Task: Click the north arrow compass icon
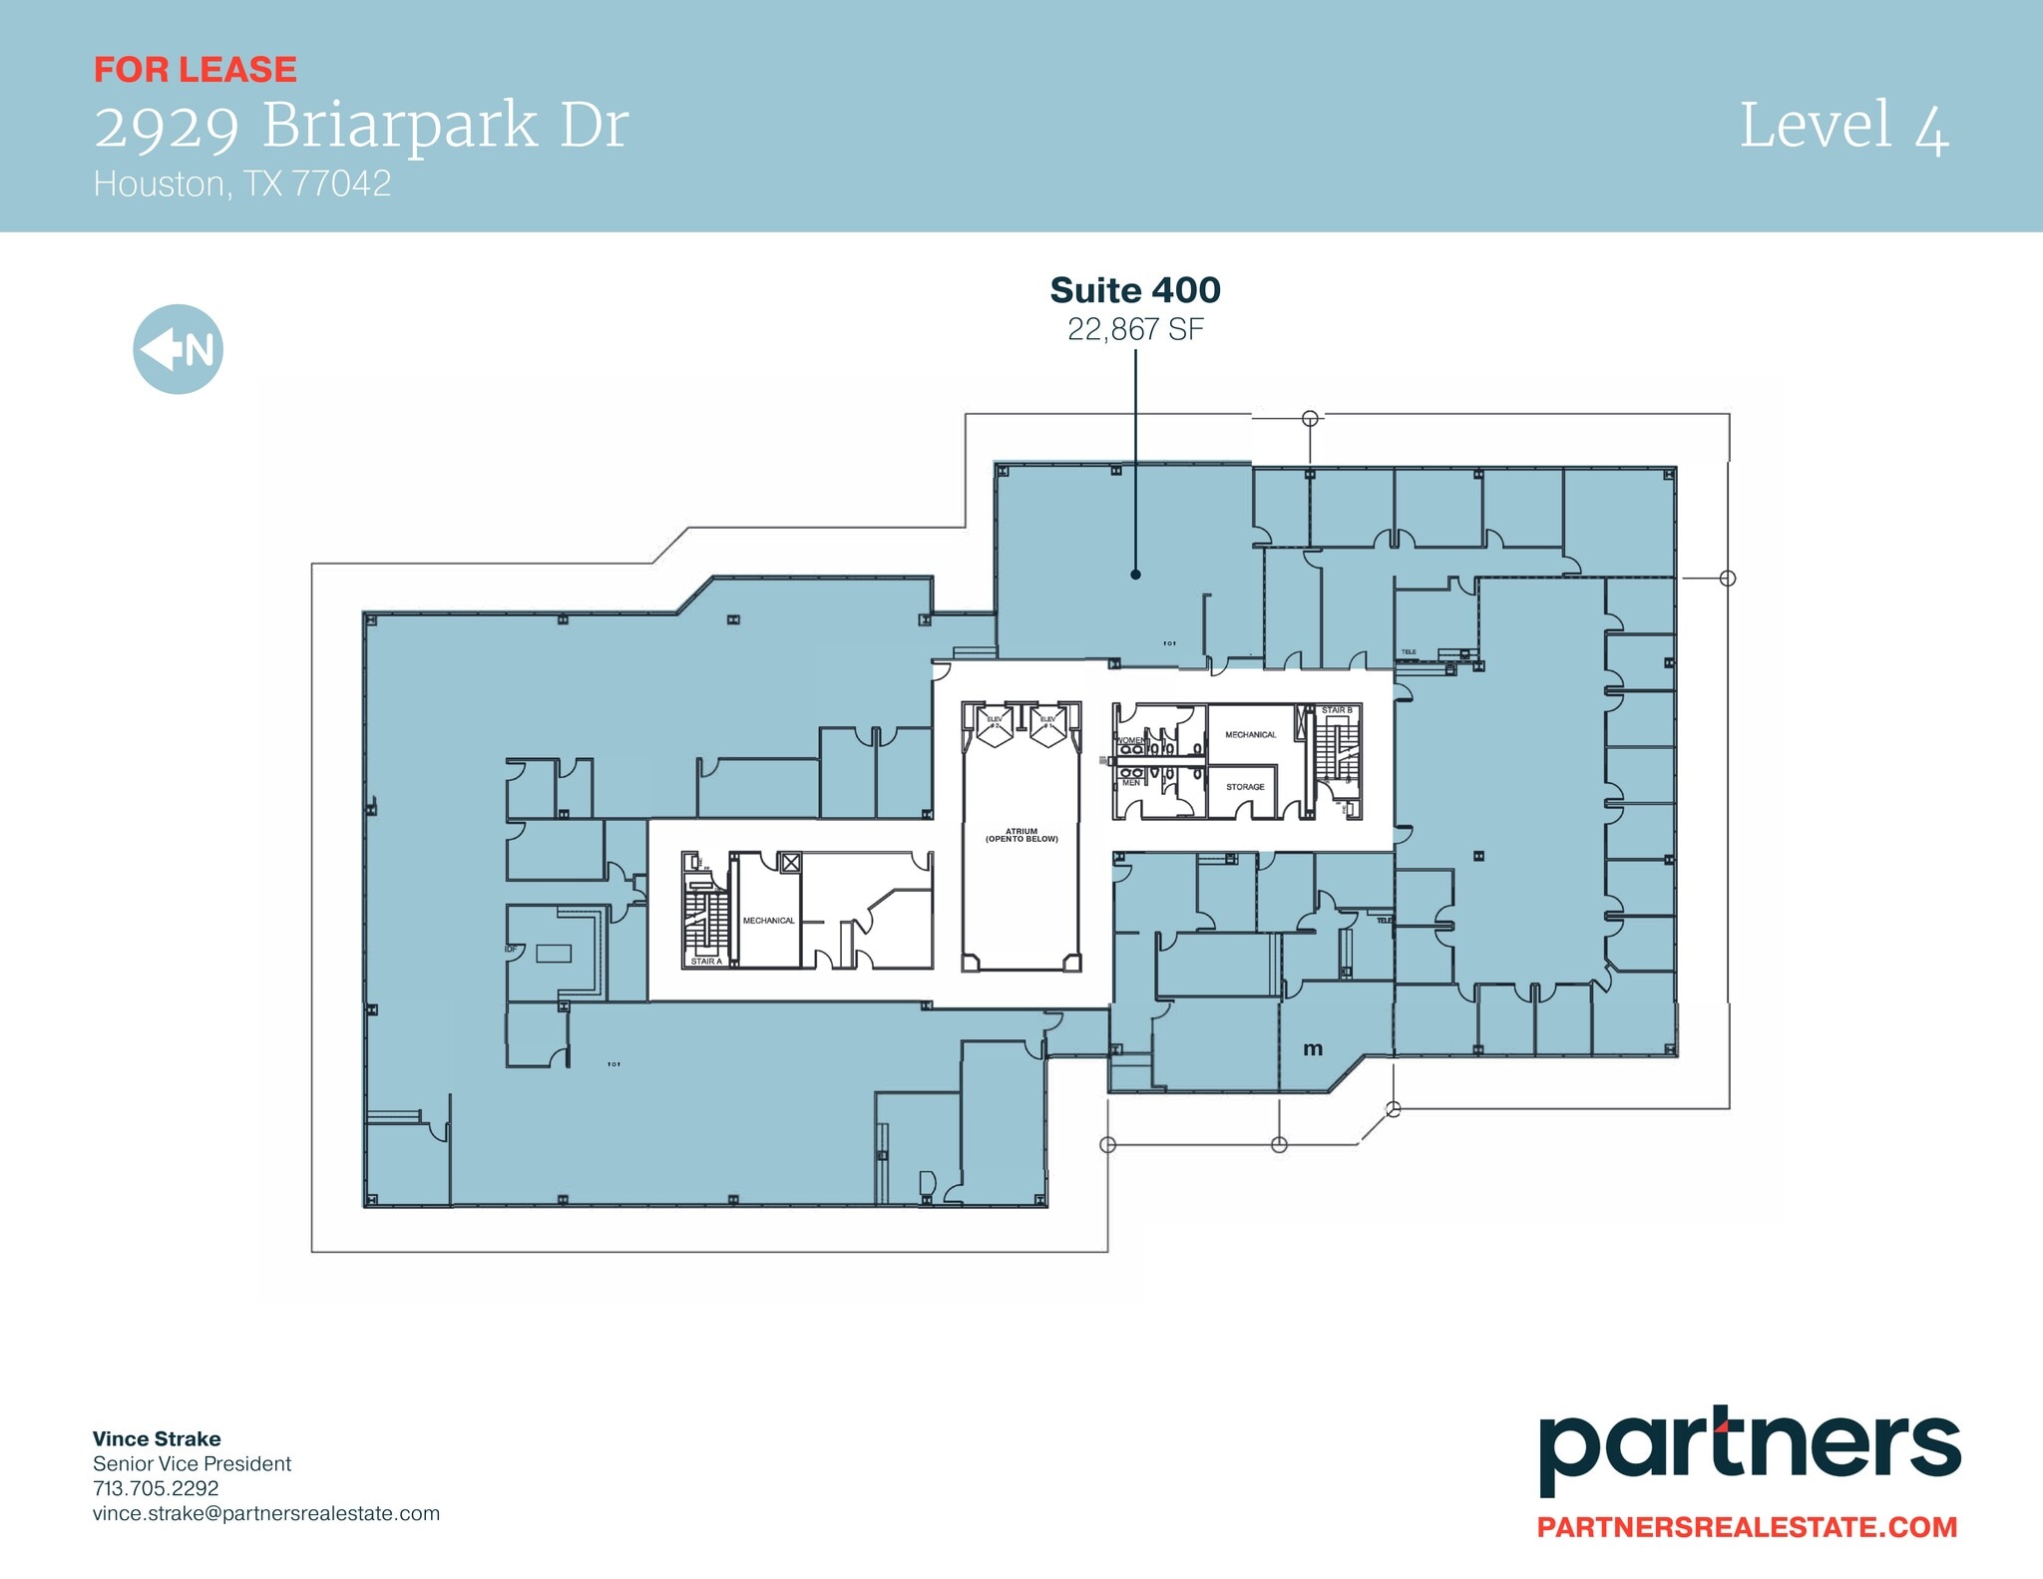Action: click(x=178, y=349)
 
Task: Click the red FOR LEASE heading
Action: click(x=196, y=70)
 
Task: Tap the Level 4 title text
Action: click(x=1843, y=127)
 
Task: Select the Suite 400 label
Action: click(x=1135, y=290)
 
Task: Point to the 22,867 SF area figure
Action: click(x=1135, y=329)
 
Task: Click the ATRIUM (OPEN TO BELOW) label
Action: click(x=1021, y=835)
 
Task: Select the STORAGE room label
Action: click(x=1245, y=787)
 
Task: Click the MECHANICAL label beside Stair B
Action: click(x=1250, y=735)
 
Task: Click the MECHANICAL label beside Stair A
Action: click(x=768, y=921)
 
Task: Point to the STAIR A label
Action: click(x=705, y=962)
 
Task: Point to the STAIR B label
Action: click(x=1337, y=710)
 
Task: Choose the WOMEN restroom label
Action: click(x=1131, y=740)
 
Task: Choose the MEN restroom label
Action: click(x=1131, y=783)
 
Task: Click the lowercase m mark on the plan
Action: click(x=1313, y=1048)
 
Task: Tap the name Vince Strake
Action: click(x=157, y=1438)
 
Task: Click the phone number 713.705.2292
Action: click(x=156, y=1488)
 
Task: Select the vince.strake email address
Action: click(x=265, y=1513)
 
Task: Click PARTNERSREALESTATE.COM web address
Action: click(x=1747, y=1527)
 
